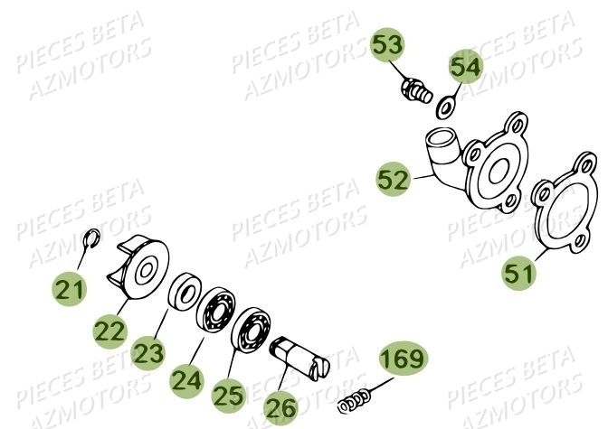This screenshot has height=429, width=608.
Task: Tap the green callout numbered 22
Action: pyautogui.click(x=110, y=331)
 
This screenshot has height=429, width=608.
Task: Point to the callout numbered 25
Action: pyautogui.click(x=229, y=395)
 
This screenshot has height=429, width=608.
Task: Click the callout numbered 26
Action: pyautogui.click(x=281, y=407)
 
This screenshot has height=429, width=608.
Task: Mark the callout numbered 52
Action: pyautogui.click(x=394, y=180)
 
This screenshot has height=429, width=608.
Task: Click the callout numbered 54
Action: pyautogui.click(x=467, y=66)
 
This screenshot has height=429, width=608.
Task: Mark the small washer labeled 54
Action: pyautogui.click(x=446, y=107)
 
